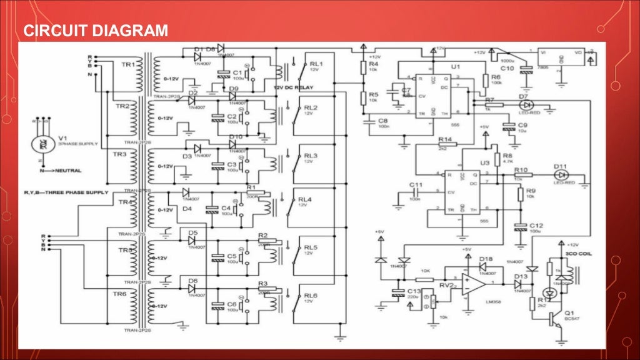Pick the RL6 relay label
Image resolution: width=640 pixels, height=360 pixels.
coord(311,295)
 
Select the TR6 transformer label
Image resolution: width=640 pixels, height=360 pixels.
coord(119,293)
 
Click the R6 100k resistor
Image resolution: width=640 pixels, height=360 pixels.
coord(486,79)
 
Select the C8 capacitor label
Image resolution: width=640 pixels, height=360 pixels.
coord(383,119)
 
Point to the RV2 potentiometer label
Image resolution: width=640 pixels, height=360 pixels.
coord(446,284)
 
